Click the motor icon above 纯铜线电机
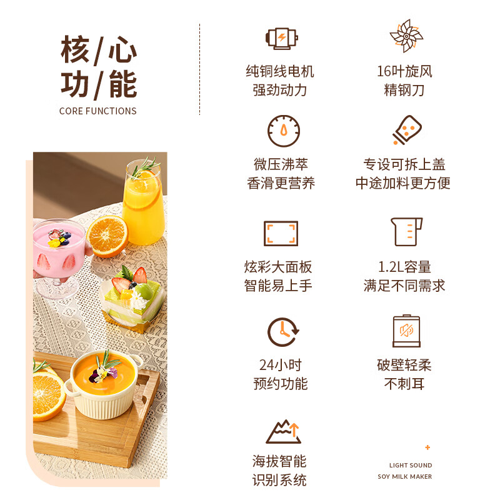[x=281, y=37]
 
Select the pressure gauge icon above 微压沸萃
[x=284, y=131]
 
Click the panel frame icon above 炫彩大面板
[x=281, y=233]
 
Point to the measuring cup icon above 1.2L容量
[x=406, y=232]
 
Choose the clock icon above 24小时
[x=283, y=332]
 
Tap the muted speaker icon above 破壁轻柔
[x=406, y=332]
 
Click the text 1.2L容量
[x=404, y=267]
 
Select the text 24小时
[x=281, y=365]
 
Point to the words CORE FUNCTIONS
[x=97, y=111]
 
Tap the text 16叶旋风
[x=404, y=71]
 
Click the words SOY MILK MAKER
[x=404, y=476]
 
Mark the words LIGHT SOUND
[x=411, y=465]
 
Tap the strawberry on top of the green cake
[x=140, y=276]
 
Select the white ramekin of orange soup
[x=104, y=381]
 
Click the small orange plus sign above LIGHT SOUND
[x=427, y=447]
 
